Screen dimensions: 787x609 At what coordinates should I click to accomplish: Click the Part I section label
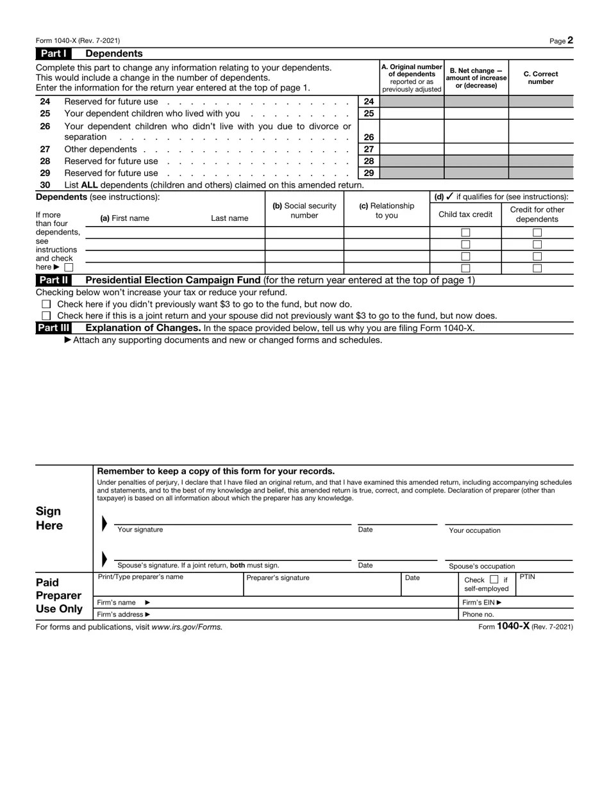(53, 54)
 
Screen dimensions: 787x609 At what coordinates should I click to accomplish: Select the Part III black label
(53, 328)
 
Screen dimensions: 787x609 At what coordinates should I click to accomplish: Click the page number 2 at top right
(570, 40)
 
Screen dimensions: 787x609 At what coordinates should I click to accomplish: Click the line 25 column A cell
(412, 113)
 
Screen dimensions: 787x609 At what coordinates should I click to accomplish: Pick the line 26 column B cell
(476, 131)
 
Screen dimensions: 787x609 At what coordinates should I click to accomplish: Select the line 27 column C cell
(541, 149)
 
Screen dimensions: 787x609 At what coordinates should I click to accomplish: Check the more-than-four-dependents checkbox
(69, 267)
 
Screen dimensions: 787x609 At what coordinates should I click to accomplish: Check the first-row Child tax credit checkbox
(465, 232)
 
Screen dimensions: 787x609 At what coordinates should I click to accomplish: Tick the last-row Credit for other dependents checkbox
(537, 268)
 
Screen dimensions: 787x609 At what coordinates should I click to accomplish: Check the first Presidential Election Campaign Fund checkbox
(46, 304)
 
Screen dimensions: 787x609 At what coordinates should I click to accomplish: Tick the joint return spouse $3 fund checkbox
(46, 316)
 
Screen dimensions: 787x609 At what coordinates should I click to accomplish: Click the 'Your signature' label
(140, 530)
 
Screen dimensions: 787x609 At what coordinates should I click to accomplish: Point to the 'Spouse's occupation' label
(481, 566)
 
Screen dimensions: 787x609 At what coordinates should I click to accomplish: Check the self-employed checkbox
(494, 580)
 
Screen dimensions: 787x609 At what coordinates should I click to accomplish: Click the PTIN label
(527, 577)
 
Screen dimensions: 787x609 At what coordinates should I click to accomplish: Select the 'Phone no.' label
(478, 614)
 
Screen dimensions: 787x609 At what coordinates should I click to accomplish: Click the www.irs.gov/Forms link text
(187, 627)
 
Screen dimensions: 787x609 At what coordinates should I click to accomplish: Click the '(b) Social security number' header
(304, 211)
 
